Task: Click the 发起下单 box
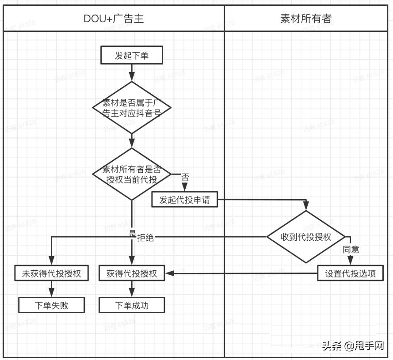coord(132,56)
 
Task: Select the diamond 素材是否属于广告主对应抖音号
coord(132,107)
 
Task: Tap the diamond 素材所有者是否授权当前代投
coord(132,174)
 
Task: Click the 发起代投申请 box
coord(185,200)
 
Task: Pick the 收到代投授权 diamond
coord(306,237)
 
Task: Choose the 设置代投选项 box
coord(351,273)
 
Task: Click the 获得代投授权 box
coord(132,273)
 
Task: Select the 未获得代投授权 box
coord(51,273)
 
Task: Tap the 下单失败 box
coord(51,305)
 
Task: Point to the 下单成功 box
coord(132,305)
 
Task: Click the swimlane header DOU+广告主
coord(114,19)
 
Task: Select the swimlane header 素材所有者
coord(306,19)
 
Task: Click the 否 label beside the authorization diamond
coord(185,177)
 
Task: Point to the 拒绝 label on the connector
coord(145,237)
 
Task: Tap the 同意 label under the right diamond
coord(351,250)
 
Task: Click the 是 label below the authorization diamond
coord(132,233)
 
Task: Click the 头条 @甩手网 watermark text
coord(352,346)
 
